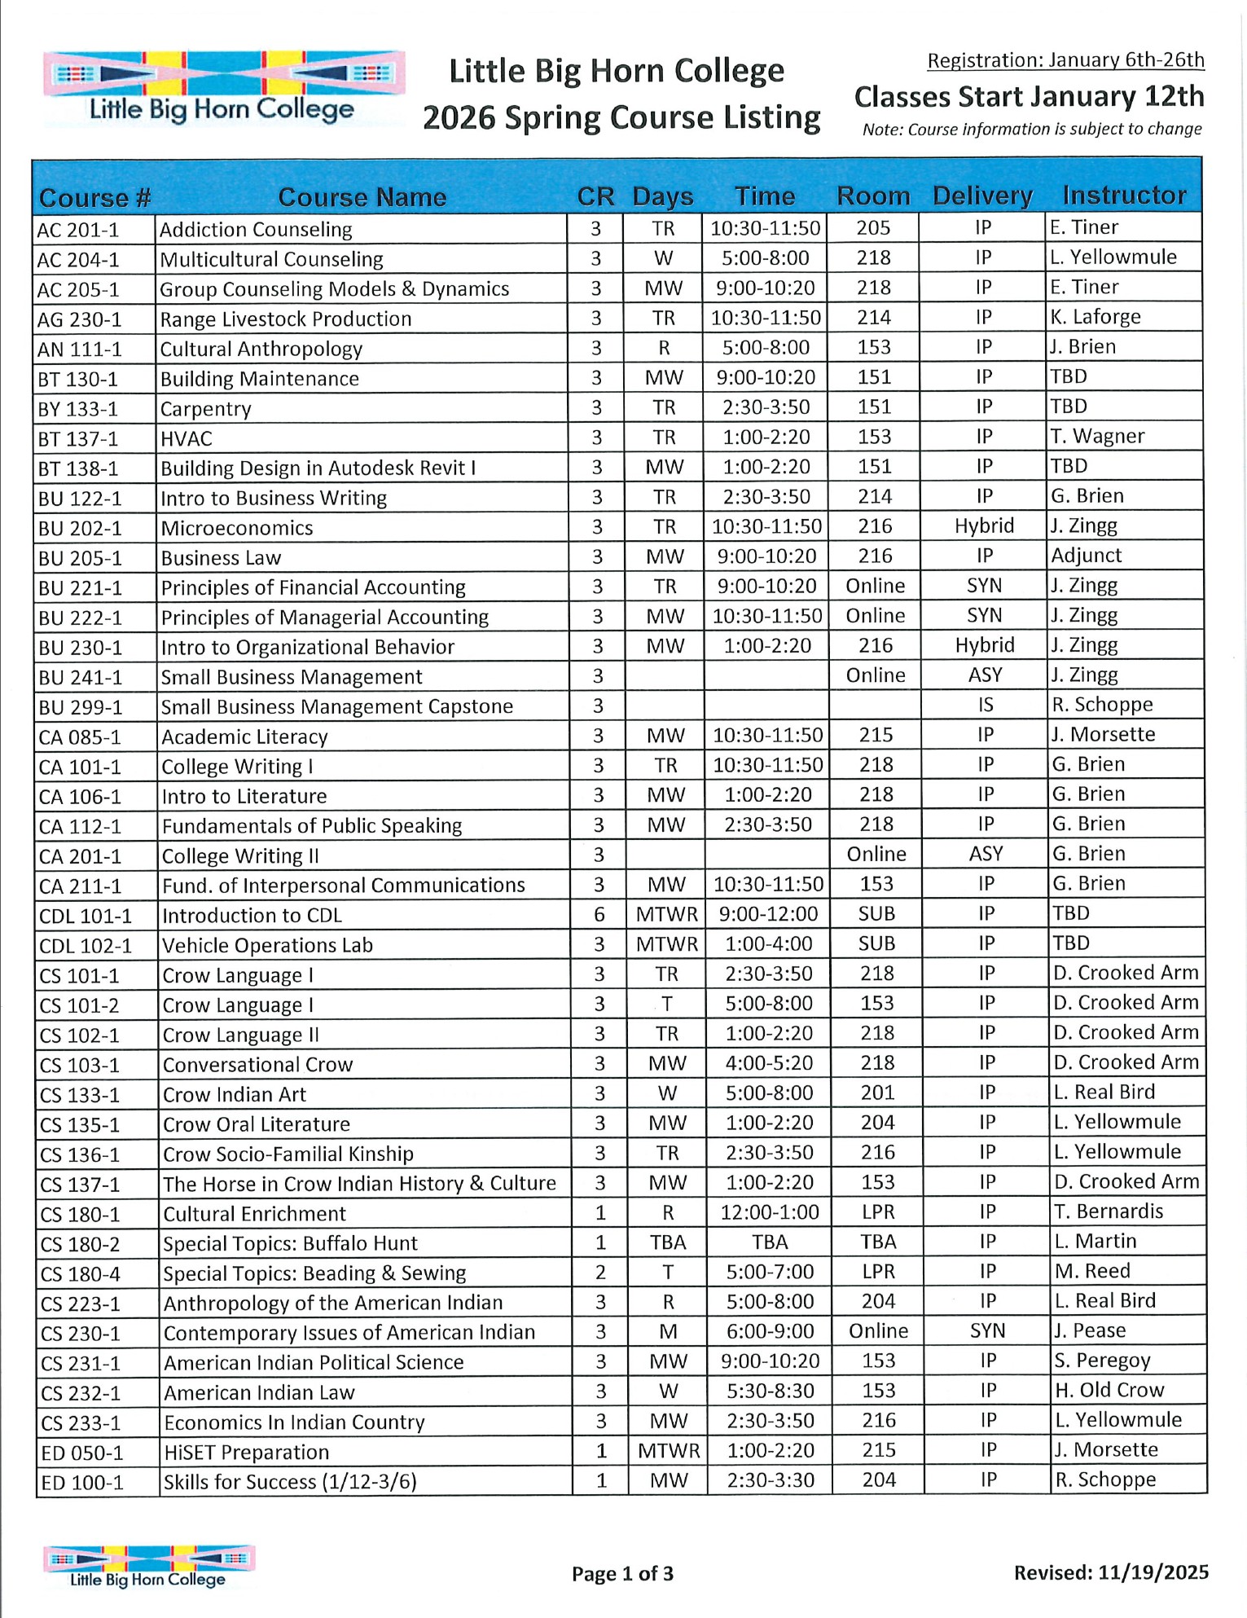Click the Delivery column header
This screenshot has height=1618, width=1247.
pyautogui.click(x=982, y=196)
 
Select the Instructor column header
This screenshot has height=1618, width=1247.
pyautogui.click(x=1124, y=196)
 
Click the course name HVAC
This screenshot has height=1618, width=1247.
pyautogui.click(x=187, y=439)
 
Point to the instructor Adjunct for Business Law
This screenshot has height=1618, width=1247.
pyautogui.click(x=1087, y=556)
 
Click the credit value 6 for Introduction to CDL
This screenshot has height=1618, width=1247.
pyautogui.click(x=599, y=914)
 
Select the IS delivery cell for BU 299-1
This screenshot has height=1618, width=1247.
pyautogui.click(x=986, y=705)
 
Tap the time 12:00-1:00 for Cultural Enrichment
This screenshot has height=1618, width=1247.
pyautogui.click(x=770, y=1212)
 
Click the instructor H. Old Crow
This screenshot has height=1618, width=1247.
pyautogui.click(x=1109, y=1390)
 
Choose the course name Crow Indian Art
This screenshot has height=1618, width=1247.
pyautogui.click(x=235, y=1095)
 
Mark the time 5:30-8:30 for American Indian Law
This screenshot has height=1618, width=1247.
pyautogui.click(x=771, y=1392)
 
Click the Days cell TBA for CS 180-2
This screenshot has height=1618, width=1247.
pyautogui.click(x=668, y=1242)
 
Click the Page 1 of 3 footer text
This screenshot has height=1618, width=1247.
pyautogui.click(x=622, y=1573)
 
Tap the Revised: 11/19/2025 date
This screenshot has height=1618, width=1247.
pyautogui.click(x=1111, y=1572)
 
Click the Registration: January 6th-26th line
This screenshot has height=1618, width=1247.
pyautogui.click(x=1065, y=60)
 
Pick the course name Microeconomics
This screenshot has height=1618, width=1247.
pyautogui.click(x=237, y=528)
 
